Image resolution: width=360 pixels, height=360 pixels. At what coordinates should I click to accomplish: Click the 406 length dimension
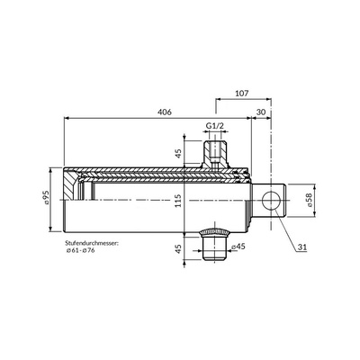tap(165, 112)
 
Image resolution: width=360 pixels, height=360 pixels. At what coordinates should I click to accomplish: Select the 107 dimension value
tap(242, 94)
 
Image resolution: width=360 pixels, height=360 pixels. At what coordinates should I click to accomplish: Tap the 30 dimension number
tap(261, 112)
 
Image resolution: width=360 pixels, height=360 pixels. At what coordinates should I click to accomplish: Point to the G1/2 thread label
tap(215, 126)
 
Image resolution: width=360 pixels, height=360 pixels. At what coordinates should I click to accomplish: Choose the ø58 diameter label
tap(310, 200)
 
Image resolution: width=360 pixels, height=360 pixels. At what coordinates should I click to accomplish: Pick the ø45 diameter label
tap(238, 247)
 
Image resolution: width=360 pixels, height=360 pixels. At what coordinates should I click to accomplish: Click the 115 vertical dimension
tap(178, 201)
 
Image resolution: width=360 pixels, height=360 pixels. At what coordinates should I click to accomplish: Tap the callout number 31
tap(302, 247)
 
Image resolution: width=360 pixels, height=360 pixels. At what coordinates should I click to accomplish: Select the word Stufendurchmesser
tap(92, 243)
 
